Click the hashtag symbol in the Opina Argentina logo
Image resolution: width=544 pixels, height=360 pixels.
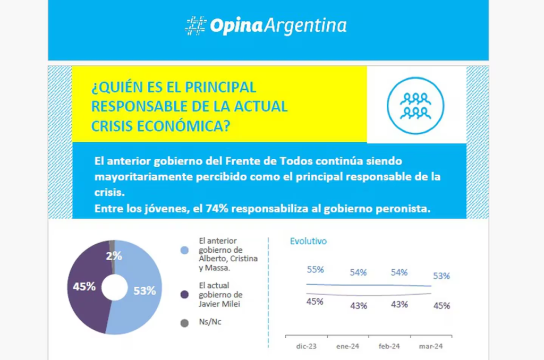[195, 26]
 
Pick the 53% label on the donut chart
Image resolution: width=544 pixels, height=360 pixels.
[144, 290]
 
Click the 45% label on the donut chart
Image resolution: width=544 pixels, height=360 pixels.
[84, 287]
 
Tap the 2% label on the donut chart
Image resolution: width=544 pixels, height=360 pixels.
[114, 256]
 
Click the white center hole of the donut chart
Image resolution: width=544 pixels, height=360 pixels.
[114, 288]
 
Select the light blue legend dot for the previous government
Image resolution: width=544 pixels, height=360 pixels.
[184, 250]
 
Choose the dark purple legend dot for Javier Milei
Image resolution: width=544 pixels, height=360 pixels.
[184, 294]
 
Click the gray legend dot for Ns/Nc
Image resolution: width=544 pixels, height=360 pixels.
[184, 322]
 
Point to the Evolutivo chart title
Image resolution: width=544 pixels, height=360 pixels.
[308, 241]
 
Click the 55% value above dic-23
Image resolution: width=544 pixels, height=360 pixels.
[315, 270]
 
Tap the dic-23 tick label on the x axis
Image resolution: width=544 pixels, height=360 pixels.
[307, 346]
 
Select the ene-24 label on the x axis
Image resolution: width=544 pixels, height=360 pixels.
[347, 346]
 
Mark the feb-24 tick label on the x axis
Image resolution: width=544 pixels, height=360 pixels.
[389, 346]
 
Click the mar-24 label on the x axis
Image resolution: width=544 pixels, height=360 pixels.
[431, 346]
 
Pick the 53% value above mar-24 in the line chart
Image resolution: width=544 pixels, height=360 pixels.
[441, 276]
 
